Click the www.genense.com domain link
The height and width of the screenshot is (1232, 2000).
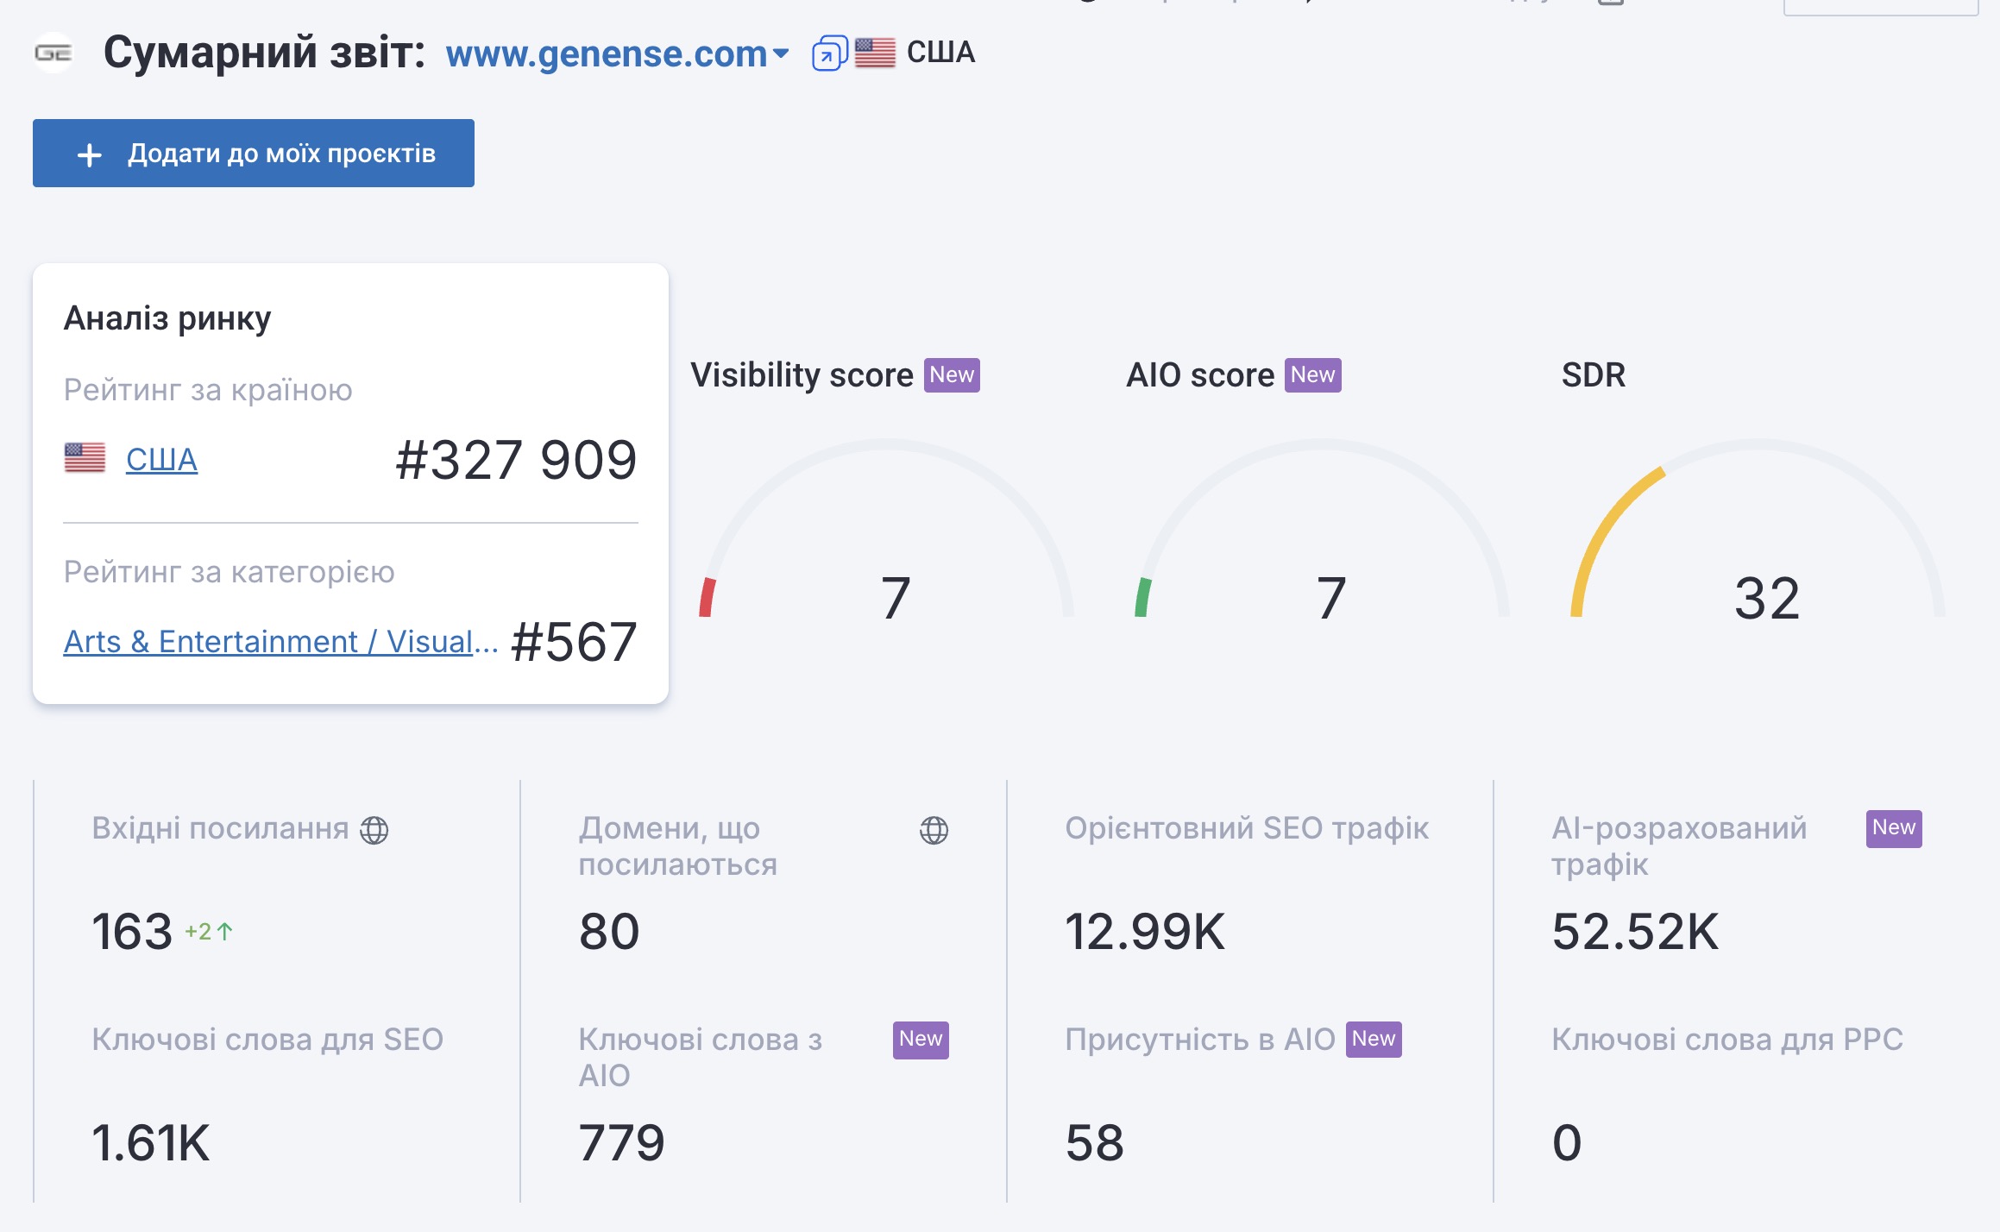[x=606, y=53]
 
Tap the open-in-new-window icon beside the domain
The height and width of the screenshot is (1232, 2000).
[x=829, y=53]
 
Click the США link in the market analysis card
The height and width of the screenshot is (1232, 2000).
[x=161, y=459]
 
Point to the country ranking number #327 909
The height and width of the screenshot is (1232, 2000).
[x=516, y=459]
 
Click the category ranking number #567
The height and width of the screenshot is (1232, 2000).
[x=574, y=642]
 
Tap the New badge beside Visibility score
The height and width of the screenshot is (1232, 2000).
[x=952, y=375]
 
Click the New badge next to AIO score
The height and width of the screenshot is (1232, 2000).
[x=1312, y=375]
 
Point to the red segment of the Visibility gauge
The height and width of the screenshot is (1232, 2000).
[x=708, y=597]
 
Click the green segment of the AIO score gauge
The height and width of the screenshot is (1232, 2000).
[x=1143, y=597]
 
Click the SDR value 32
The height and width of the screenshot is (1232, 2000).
[x=1767, y=598]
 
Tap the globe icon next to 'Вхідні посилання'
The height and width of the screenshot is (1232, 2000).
[x=374, y=830]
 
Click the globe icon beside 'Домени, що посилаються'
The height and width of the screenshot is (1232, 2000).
[x=934, y=830]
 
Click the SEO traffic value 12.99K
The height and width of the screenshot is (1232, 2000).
[x=1144, y=932]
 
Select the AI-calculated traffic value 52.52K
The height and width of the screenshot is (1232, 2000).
[x=1635, y=932]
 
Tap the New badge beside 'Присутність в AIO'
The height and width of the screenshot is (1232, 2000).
[x=1374, y=1039]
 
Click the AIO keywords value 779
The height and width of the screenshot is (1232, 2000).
[x=621, y=1143]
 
